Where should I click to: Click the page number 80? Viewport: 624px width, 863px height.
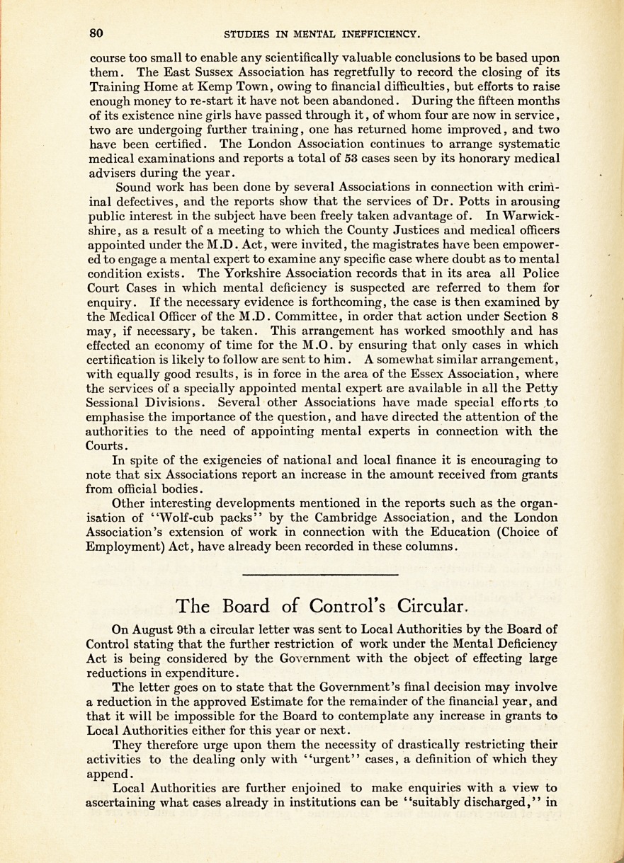(97, 33)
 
